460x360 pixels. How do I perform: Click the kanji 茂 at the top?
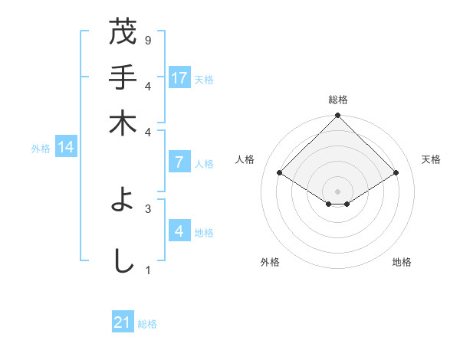123,33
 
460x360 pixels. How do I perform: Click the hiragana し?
123,260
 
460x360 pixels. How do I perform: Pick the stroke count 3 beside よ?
147,208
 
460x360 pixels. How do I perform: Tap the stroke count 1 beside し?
147,270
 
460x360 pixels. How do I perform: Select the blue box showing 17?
179,78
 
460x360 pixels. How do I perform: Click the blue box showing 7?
179,162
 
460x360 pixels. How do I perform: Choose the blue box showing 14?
65,148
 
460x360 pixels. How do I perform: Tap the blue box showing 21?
123,322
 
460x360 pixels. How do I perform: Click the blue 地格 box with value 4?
179,231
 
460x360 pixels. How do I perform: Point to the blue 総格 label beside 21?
147,324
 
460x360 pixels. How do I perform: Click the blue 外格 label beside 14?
40,149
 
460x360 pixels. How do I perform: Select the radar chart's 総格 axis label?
337,100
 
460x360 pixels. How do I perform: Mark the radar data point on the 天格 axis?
396,173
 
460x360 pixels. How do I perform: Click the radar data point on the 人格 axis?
280,173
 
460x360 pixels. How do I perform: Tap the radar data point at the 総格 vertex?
337,116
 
